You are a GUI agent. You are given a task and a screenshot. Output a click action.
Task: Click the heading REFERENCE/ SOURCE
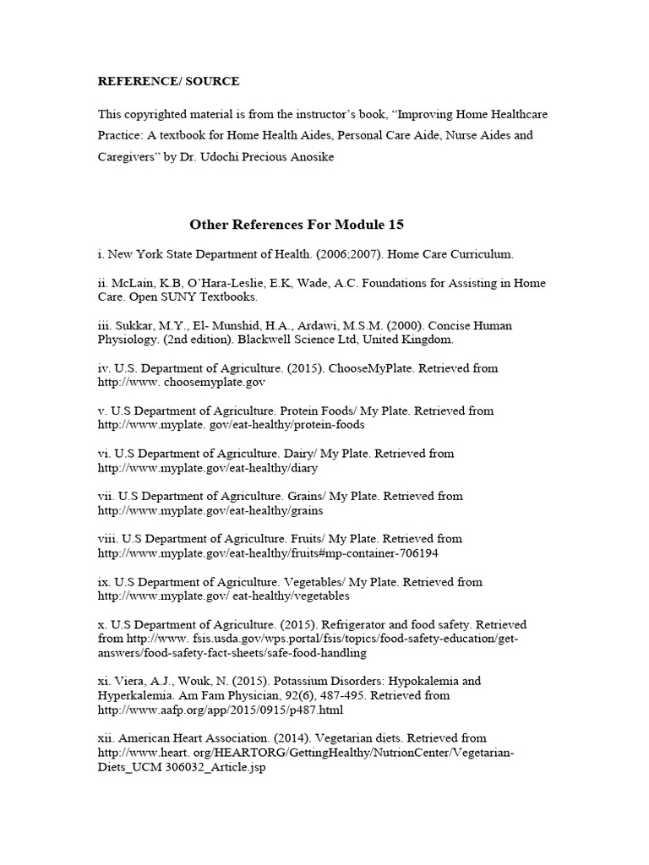pos(168,81)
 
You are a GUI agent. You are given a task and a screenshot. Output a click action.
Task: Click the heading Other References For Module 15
pos(297,224)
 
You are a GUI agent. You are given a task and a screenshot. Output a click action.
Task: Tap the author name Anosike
pos(304,157)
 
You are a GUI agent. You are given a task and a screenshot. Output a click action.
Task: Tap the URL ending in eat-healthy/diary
pos(208,467)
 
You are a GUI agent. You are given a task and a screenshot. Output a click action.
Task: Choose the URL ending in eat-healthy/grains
pos(210,510)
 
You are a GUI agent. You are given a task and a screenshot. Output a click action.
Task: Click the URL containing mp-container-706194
pos(268,552)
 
